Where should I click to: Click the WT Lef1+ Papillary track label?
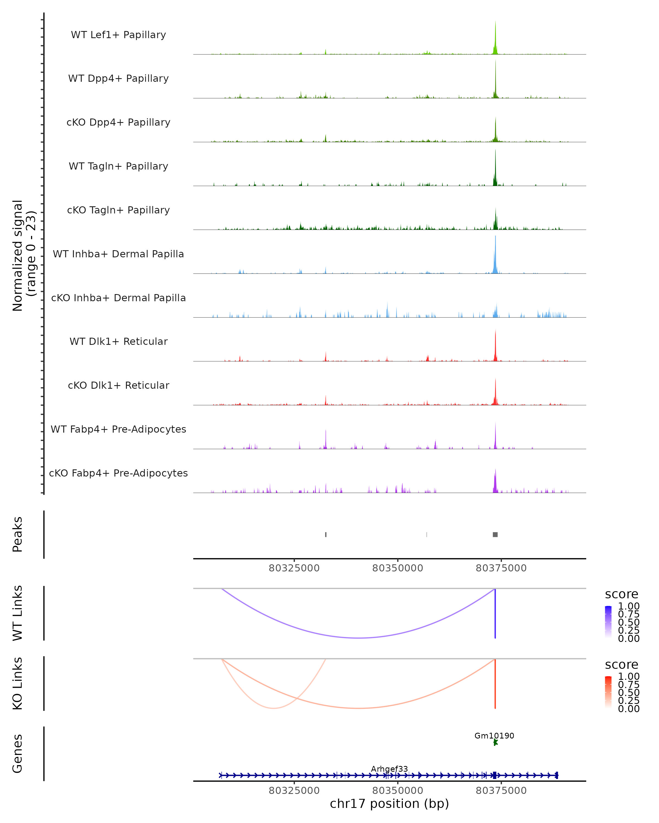click(x=118, y=35)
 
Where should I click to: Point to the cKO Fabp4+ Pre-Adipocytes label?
click(x=118, y=473)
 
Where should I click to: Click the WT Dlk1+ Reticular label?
click(x=118, y=341)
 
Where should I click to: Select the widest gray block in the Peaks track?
click(x=495, y=534)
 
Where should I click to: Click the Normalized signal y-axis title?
click(x=24, y=255)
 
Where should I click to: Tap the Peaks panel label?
click(x=18, y=534)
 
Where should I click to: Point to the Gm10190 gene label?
click(x=494, y=735)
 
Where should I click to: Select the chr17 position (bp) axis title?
click(x=389, y=804)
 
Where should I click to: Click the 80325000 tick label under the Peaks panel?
click(x=294, y=568)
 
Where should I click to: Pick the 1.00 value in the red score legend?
click(x=629, y=676)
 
